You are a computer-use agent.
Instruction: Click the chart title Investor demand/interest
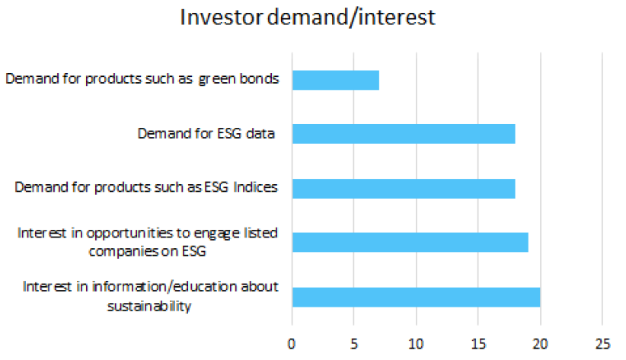[308, 18]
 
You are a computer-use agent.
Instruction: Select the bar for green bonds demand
[336, 80]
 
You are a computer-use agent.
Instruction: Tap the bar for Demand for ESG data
[404, 134]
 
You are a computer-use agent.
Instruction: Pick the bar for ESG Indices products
[404, 189]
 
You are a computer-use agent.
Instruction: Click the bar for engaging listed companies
[410, 242]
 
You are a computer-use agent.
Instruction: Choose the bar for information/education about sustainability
[417, 297]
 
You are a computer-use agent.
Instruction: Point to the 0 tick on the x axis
[292, 344]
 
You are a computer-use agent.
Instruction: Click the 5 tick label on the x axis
[354, 344]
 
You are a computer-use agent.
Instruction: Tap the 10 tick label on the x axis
[416, 344]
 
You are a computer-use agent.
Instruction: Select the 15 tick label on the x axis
[478, 344]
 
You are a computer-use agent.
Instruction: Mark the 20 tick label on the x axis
[540, 344]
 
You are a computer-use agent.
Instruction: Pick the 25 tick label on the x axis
[602, 344]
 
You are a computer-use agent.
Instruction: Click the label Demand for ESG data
[206, 133]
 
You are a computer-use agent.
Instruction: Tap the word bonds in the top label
[259, 78]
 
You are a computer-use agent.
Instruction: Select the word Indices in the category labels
[255, 186]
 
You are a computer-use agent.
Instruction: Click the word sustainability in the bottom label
[149, 306]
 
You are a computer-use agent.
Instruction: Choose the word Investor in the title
[221, 18]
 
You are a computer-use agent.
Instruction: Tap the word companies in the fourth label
[125, 252]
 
